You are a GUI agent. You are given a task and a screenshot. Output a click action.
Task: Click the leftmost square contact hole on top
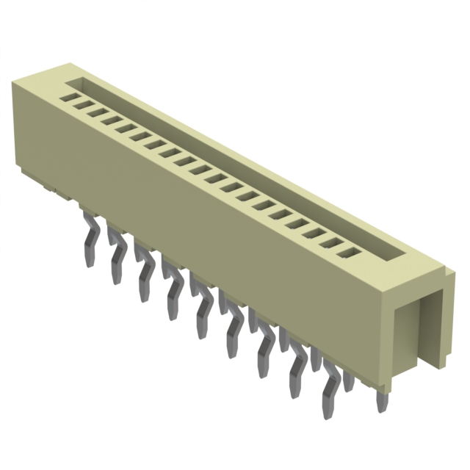coord(70,96)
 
